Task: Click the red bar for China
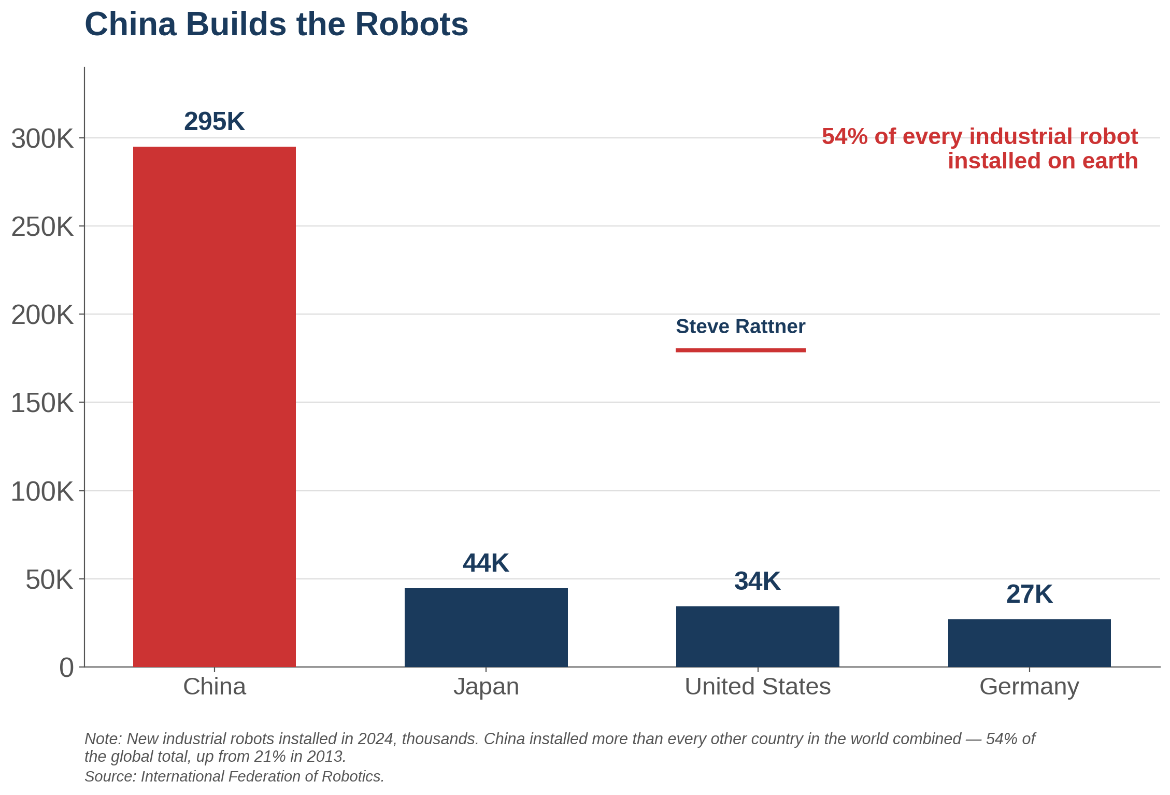215,407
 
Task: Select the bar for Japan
486,628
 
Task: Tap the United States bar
758,636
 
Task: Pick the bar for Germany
1030,643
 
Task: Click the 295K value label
215,122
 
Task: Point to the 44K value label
486,563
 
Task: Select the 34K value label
758,581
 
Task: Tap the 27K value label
1030,594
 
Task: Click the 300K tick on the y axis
42,139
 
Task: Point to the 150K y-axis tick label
42,403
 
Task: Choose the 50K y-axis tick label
50,580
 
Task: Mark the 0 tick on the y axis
67,668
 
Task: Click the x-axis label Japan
486,687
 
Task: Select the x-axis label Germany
1030,687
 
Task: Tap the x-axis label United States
758,687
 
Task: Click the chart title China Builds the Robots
276,24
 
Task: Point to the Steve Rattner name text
740,326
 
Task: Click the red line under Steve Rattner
740,350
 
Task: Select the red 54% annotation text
980,149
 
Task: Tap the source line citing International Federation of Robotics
234,776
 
